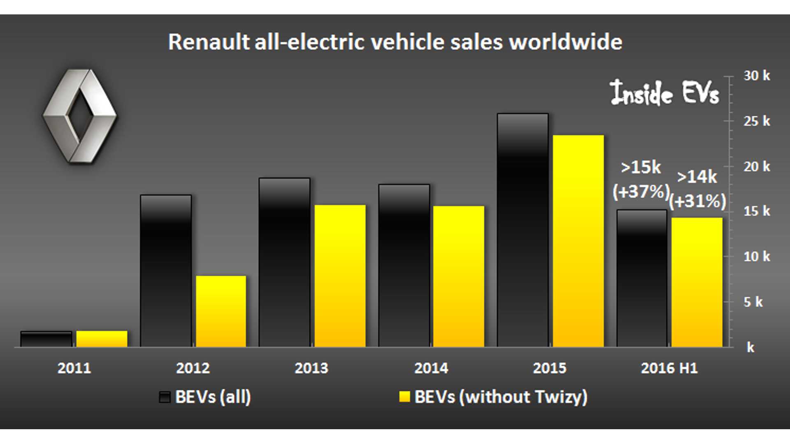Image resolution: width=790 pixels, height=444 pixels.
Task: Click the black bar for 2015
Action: [523, 230]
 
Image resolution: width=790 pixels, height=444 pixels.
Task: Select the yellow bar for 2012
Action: [221, 311]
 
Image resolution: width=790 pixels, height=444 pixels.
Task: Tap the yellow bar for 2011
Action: [102, 339]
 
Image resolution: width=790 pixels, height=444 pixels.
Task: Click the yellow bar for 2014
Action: [458, 276]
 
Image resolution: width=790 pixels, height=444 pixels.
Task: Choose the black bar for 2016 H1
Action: [641, 278]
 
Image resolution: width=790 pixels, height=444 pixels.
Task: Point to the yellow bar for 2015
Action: [578, 241]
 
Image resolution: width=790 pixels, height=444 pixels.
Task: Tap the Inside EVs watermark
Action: [664, 92]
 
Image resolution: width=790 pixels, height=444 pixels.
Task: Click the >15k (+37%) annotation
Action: [641, 180]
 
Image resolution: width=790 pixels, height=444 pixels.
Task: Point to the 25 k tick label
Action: [756, 121]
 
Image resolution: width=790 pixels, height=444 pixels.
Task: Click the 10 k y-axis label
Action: [756, 257]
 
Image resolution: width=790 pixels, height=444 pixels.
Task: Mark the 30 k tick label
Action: [756, 76]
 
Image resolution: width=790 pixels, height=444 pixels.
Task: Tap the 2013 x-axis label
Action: [311, 368]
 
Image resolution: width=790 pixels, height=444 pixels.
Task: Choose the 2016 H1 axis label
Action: [669, 368]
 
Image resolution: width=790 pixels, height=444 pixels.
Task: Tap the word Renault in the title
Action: [209, 42]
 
